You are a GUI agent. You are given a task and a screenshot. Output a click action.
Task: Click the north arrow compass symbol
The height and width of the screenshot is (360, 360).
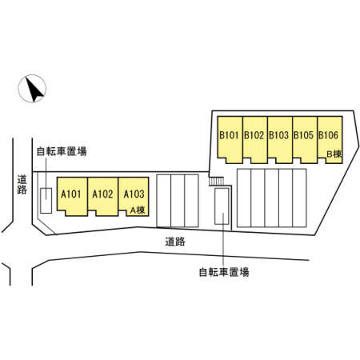[32, 89]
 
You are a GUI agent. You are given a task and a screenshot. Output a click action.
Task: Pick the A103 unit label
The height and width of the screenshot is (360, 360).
[134, 194]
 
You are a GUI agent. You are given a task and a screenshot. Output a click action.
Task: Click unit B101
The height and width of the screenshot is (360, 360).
[230, 139]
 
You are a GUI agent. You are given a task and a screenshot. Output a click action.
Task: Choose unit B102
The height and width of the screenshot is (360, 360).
[254, 139]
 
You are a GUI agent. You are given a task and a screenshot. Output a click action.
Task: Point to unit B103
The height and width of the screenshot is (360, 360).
[280, 139]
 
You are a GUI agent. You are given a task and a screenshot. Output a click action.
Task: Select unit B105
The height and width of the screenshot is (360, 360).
[305, 139]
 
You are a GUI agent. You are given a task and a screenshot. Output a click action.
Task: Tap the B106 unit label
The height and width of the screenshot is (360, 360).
[328, 135]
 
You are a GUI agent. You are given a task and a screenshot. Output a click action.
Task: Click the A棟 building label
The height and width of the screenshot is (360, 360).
[138, 210]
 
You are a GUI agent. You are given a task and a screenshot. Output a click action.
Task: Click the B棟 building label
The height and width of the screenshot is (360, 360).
[334, 154]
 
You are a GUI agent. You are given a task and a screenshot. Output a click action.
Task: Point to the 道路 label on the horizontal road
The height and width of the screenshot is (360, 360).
[175, 242]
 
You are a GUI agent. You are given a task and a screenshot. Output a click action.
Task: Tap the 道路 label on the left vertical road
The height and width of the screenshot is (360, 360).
[22, 184]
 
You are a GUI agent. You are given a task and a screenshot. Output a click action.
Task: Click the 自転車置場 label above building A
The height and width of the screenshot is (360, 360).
[62, 151]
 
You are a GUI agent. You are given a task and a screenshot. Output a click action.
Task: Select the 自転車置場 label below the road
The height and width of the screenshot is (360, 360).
[224, 272]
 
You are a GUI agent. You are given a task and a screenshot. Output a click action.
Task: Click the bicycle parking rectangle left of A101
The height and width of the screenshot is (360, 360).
[46, 201]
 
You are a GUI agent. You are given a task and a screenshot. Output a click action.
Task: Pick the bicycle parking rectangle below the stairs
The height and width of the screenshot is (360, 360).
[222, 206]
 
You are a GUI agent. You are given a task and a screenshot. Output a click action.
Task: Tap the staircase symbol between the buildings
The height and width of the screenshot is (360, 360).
[216, 181]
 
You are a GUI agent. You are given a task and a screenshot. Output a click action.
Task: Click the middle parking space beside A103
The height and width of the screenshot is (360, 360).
[178, 201]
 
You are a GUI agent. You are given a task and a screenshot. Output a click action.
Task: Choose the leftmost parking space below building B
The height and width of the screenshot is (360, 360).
[244, 198]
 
